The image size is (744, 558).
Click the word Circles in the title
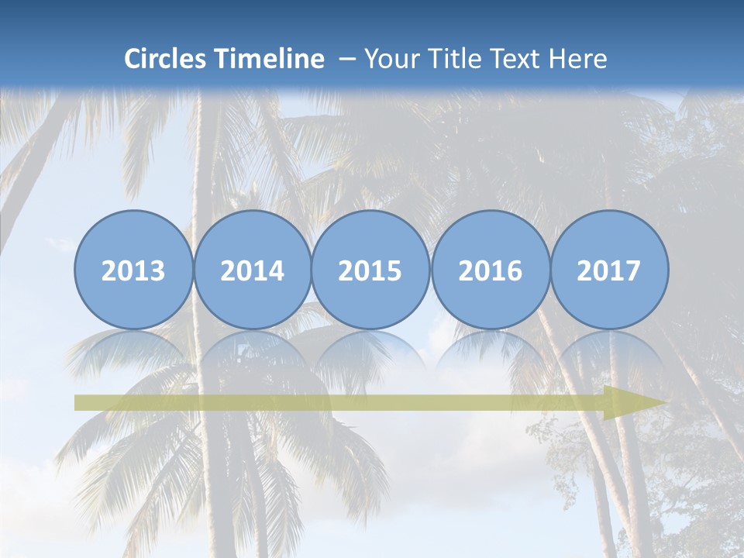click(166, 59)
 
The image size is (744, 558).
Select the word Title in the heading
click(452, 59)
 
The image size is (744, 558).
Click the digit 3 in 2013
click(157, 271)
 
